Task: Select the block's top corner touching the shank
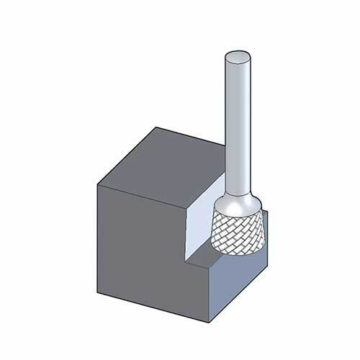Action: pyautogui.click(x=225, y=148)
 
